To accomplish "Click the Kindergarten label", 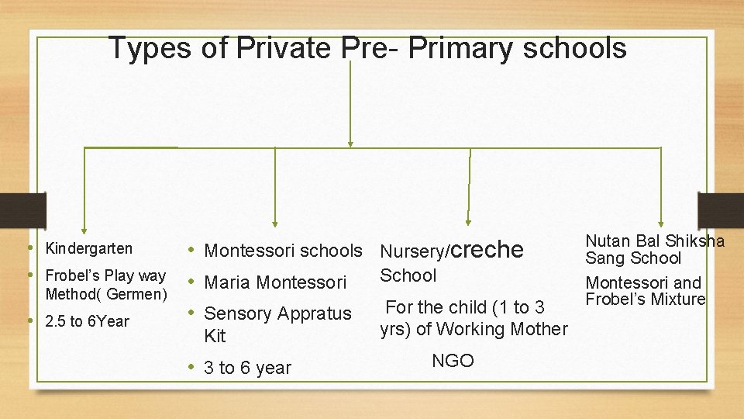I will [89, 249].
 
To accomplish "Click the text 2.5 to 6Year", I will [88, 321].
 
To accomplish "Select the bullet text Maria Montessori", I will [275, 282].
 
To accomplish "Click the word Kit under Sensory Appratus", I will [215, 336].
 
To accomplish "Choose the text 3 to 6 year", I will [247, 368].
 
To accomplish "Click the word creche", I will [487, 249].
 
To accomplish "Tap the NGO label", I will [453, 361].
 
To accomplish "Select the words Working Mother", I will [502, 329].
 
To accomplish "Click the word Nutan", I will [608, 241].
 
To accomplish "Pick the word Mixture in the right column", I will [679, 299].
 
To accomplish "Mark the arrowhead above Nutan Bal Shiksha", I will [660, 225].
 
